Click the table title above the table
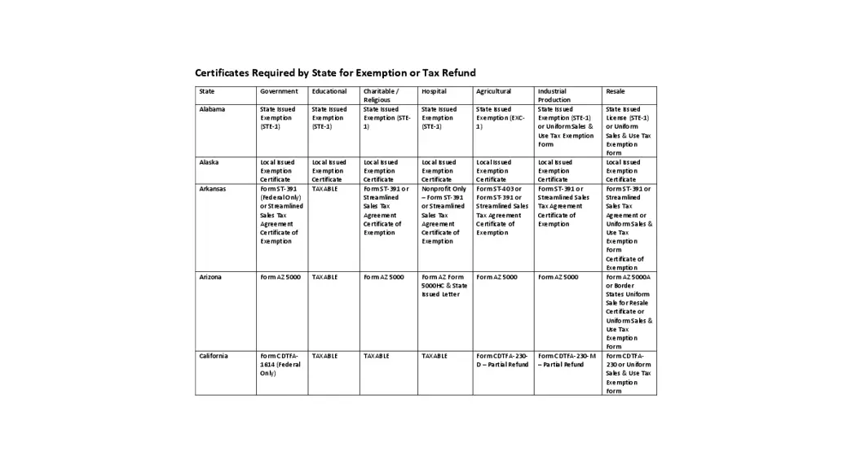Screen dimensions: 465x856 [335, 72]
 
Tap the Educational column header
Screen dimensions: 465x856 [329, 91]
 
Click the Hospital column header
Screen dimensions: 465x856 [434, 91]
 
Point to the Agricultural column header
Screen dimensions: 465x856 [493, 91]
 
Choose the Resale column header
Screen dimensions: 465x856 [616, 91]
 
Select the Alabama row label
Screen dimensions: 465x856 [212, 109]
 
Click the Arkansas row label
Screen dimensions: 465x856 [212, 189]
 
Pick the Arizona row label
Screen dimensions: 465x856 [210, 277]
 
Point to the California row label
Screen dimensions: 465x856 [214, 356]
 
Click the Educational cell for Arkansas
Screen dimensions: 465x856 [324, 189]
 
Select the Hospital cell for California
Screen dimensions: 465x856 [434, 356]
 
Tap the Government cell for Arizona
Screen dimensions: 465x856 [280, 277]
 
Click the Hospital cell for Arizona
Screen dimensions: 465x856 [444, 285]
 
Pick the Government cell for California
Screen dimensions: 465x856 [280, 364]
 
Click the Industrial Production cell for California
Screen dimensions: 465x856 [566, 360]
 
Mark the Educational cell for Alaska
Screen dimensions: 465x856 [329, 171]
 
